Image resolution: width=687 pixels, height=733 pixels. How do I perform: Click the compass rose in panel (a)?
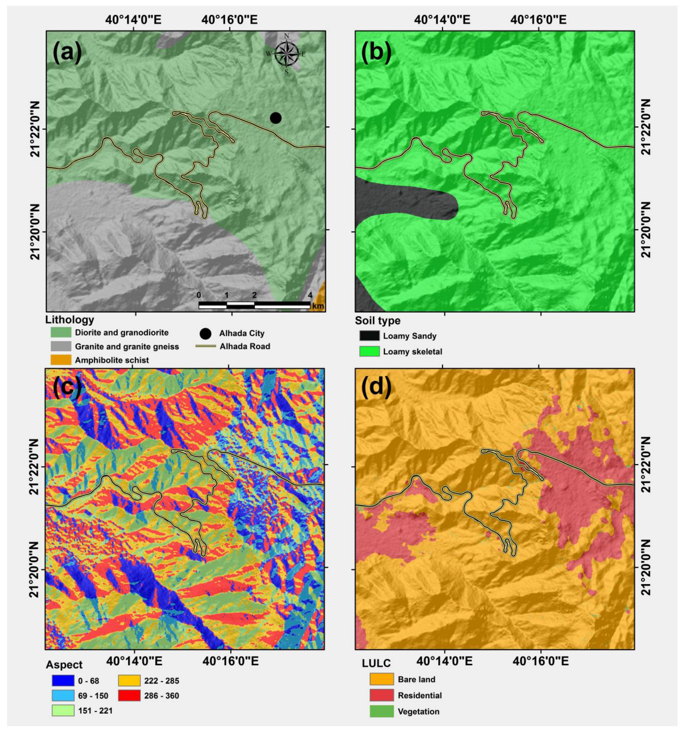[x=286, y=54]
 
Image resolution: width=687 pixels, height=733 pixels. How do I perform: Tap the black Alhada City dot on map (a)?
[x=276, y=118]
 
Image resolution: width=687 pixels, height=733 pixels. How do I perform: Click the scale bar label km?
[x=318, y=306]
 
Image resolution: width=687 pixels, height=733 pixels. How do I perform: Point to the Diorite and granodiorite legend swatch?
[x=61, y=332]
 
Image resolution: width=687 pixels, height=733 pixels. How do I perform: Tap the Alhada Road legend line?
[x=205, y=346]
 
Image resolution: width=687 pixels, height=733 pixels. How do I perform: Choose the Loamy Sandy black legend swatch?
[x=369, y=336]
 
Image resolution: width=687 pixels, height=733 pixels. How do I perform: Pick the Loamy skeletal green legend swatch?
[x=369, y=351]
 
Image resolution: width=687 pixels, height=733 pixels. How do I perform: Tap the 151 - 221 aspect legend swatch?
[x=62, y=710]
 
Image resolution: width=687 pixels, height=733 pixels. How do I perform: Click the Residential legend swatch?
[x=380, y=695]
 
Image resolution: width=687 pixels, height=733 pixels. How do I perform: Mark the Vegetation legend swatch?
[x=380, y=711]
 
